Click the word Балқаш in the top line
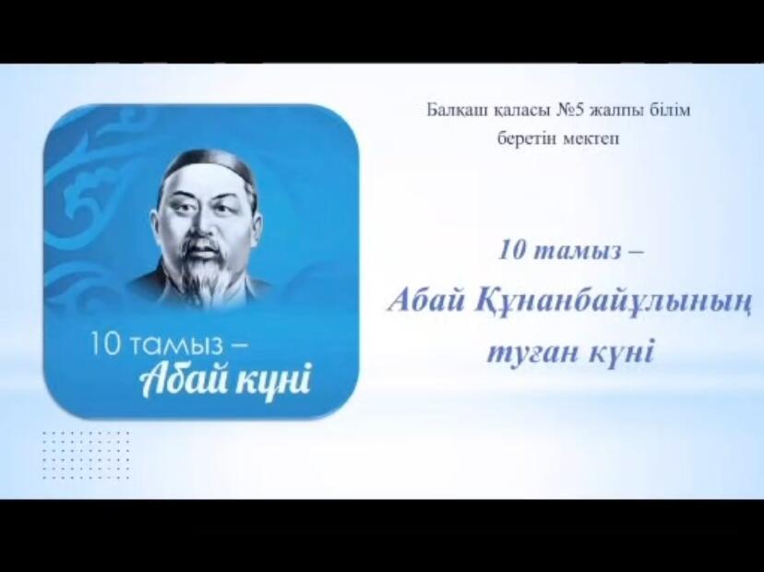click(x=457, y=111)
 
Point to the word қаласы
click(x=520, y=112)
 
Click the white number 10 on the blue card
click(x=104, y=343)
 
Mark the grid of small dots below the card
click(x=86, y=455)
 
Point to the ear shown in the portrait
click(x=249, y=220)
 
